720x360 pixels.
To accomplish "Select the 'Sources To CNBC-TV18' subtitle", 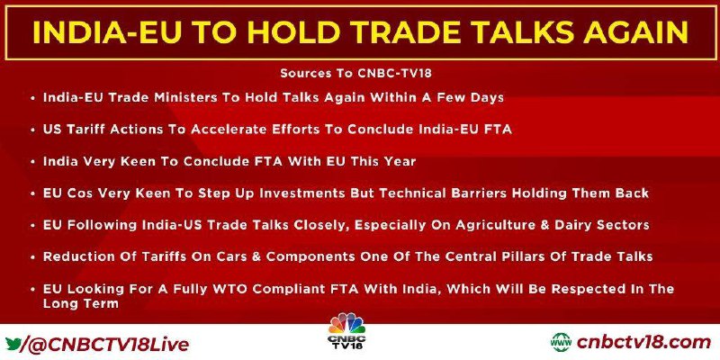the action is (356, 74).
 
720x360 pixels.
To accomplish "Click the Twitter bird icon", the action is (13, 343).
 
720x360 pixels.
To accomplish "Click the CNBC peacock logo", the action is (346, 330).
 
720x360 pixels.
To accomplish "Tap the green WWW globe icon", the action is (561, 343).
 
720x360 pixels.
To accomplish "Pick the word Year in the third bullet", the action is (400, 162).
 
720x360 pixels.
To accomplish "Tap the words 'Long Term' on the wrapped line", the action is (81, 303).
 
